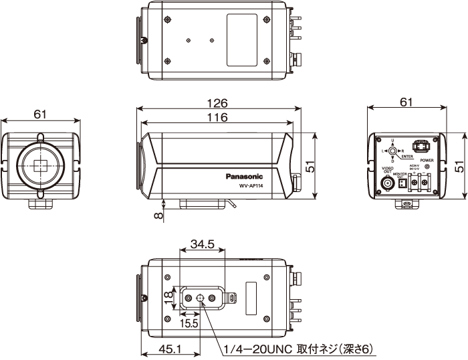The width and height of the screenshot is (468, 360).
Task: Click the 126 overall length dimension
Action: (217, 104)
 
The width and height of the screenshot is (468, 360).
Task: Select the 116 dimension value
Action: (217, 117)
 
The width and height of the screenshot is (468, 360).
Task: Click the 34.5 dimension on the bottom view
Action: (202, 245)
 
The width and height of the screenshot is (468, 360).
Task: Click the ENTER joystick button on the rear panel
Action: (392, 151)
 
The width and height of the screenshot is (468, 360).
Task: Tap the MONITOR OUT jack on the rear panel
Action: (402, 185)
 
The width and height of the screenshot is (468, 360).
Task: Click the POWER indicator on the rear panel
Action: (427, 167)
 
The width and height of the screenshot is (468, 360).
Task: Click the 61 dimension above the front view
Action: (40, 114)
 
